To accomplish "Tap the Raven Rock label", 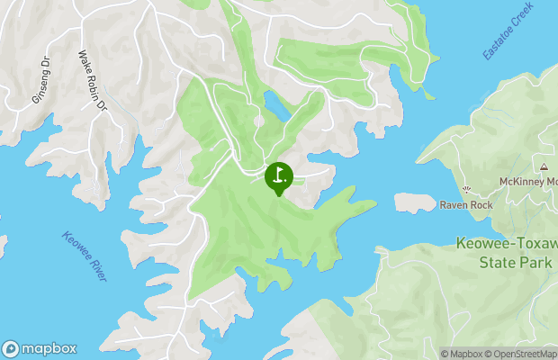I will tap(466, 205).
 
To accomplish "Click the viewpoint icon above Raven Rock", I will tap(465, 189).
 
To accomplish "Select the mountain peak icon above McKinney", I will tap(544, 166).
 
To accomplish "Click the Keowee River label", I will tap(85, 256).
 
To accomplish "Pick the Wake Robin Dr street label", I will tap(94, 81).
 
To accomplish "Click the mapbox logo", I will tap(40, 348).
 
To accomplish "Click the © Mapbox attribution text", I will tap(464, 353).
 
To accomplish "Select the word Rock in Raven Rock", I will tap(481, 205).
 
